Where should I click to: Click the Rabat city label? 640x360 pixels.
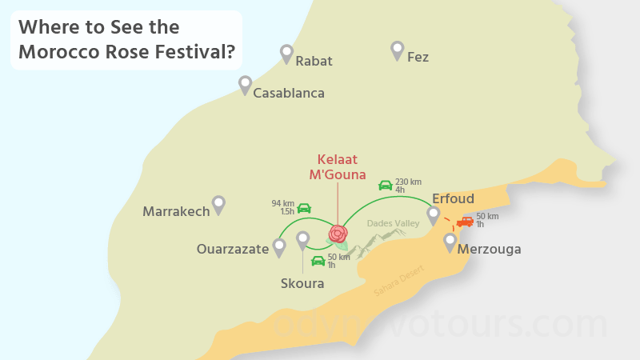pos(314,61)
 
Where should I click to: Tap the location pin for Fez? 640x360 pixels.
pos(397,50)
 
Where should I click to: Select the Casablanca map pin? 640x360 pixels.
pos(245,85)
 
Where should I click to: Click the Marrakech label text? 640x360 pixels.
pos(176,212)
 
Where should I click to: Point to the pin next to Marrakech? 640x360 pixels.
pos(218,205)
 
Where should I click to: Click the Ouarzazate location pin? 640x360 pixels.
pos(279,247)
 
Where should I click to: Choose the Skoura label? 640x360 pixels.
pos(302,283)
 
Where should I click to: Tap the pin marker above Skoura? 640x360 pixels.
pos(302,239)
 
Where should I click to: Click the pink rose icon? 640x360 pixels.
pos(338,234)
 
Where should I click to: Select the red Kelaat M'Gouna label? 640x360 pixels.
pos(338,166)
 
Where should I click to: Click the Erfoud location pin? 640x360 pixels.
pos(433,214)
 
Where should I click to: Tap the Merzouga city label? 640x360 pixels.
pos(489,250)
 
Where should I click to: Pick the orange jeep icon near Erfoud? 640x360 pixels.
pos(465,221)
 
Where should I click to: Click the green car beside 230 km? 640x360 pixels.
pos(385,186)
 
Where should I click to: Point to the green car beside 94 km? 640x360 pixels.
pos(304,208)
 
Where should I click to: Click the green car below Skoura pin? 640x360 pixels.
pos(318,261)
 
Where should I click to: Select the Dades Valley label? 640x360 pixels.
pos(393,223)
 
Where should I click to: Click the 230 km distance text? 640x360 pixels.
pos(408,182)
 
